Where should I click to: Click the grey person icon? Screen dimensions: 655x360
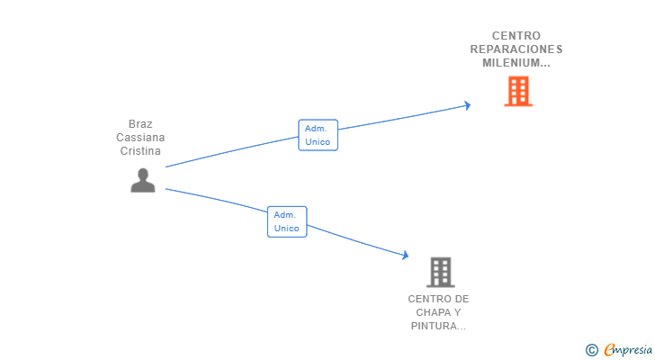(x=143, y=180)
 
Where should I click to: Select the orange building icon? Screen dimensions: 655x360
(x=518, y=91)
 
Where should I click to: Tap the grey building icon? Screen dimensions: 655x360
(x=441, y=273)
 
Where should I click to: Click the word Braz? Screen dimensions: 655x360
(x=140, y=124)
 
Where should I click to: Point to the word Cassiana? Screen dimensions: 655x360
(x=140, y=138)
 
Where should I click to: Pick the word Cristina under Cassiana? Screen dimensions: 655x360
(x=140, y=151)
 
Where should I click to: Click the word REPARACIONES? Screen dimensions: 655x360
(x=516, y=49)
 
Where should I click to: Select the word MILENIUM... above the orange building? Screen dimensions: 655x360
(x=516, y=63)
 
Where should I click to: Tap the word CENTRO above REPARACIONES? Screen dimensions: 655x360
(x=516, y=36)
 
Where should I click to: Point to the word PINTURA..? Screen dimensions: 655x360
(x=438, y=326)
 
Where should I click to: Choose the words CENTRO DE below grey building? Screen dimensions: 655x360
(x=438, y=299)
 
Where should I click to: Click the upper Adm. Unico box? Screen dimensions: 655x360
(x=318, y=135)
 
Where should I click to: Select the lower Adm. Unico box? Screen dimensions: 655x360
(x=287, y=221)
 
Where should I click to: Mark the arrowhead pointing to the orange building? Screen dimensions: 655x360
(x=468, y=105)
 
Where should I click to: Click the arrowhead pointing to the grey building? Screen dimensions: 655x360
(x=405, y=255)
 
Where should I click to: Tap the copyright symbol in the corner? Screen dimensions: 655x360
(x=591, y=350)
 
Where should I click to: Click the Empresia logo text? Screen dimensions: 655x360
(x=628, y=350)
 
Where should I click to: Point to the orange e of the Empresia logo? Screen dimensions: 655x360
(x=609, y=350)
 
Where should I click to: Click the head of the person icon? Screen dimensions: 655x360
(x=143, y=174)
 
